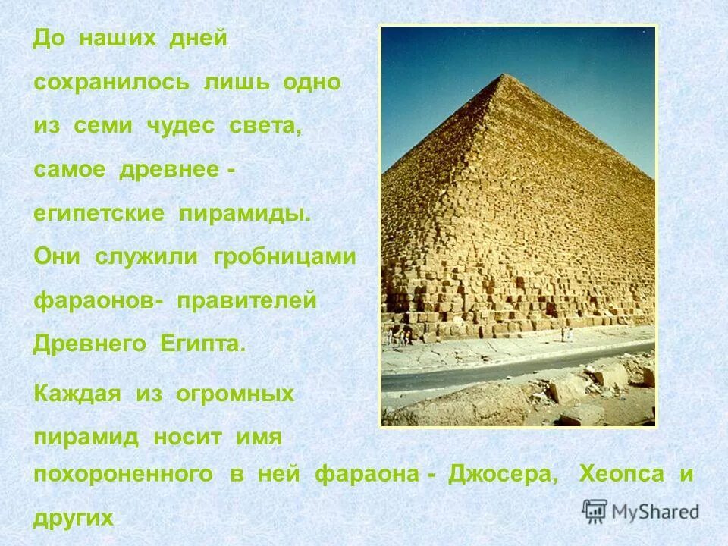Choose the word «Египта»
pyautogui.click(x=202, y=344)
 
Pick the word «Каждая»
pyautogui.click(x=79, y=394)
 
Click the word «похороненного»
pyautogui.click(x=123, y=475)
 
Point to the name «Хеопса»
pyautogui.click(x=621, y=475)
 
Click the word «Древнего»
pyautogui.click(x=90, y=344)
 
